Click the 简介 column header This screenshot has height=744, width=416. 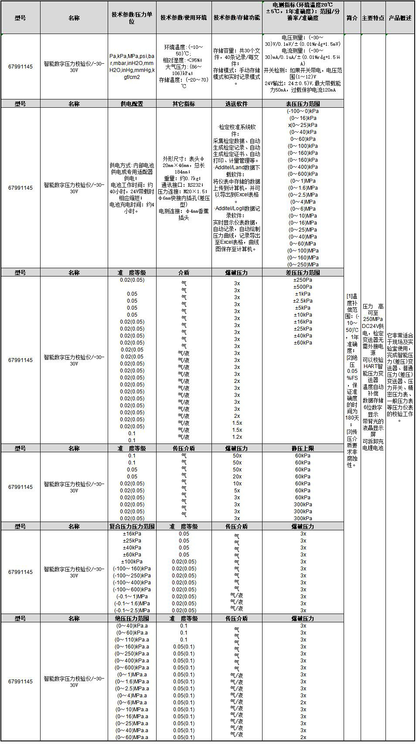point(352,18)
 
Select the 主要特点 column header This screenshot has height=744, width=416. point(373,18)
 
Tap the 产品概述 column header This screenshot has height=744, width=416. point(400,18)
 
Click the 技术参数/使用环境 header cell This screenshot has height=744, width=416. point(184,18)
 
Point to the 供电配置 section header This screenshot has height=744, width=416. point(132,104)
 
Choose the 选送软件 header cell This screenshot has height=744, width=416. point(236,104)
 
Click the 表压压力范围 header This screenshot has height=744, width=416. point(303,104)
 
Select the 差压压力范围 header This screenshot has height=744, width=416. point(303,273)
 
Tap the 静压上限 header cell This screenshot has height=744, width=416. point(303,448)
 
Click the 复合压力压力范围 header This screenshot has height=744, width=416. point(132,526)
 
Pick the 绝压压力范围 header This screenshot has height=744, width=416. point(132,618)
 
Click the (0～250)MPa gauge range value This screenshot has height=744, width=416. point(303,265)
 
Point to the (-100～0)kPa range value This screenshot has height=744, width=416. point(303,111)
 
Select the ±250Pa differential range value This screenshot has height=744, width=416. point(303,280)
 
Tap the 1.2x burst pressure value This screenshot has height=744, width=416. point(237,437)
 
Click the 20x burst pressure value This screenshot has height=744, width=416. point(237,477)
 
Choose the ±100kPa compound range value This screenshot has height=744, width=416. point(132,562)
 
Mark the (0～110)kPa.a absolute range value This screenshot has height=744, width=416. point(132,640)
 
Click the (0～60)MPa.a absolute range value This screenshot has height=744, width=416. point(132,737)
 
